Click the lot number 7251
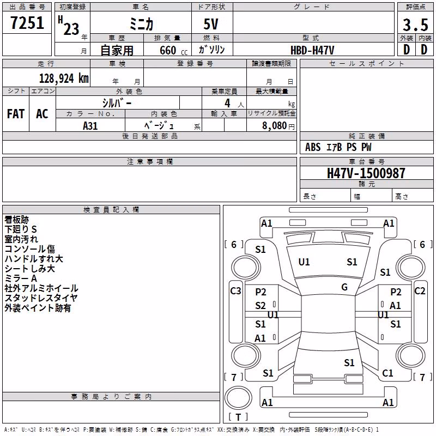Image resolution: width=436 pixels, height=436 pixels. click(x=27, y=23)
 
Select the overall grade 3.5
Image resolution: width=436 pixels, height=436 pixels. click(x=415, y=25)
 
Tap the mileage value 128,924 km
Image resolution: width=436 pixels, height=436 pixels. click(x=64, y=78)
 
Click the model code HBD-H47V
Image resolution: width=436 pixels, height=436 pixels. click(x=312, y=50)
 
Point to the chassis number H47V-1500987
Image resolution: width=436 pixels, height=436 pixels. click(x=366, y=173)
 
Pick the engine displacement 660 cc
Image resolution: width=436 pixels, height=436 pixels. click(x=173, y=51)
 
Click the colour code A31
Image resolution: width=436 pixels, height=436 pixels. click(x=90, y=126)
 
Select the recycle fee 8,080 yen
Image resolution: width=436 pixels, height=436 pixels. click(x=278, y=126)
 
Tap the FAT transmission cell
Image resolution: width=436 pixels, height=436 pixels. click(x=16, y=114)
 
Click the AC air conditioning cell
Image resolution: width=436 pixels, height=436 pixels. click(x=42, y=114)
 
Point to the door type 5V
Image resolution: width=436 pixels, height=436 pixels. click(x=211, y=24)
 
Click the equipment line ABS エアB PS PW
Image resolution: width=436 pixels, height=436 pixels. click(x=338, y=147)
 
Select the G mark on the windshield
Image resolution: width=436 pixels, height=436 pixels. click(x=344, y=287)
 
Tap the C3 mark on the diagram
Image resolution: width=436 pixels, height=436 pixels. click(x=235, y=291)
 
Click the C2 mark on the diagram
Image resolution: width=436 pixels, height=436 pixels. click(x=420, y=291)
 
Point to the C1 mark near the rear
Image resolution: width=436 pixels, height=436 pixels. click(x=387, y=373)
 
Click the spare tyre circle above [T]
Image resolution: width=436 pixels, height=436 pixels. click(x=238, y=398)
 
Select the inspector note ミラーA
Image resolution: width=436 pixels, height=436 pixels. click(x=21, y=278)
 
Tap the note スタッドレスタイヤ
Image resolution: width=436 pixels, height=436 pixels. click(x=41, y=298)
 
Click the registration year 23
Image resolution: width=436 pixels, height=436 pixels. click(x=71, y=29)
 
